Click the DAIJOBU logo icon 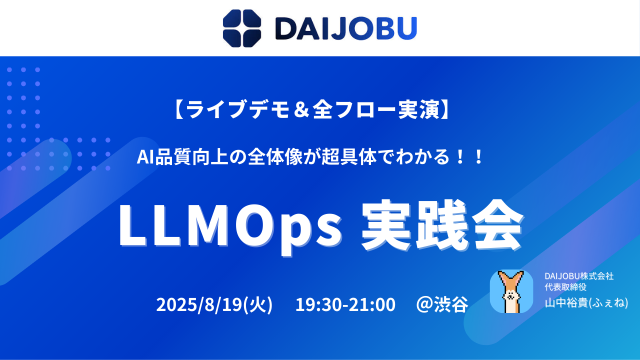(242, 28)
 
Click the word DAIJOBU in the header (346, 28)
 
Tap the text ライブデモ (237, 110)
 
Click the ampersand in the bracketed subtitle (301, 110)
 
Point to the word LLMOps (230, 225)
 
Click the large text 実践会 (442, 225)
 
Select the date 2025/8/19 (199, 304)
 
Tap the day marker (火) (257, 304)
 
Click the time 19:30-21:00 (345, 304)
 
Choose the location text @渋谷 (442, 304)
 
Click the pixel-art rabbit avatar (511, 291)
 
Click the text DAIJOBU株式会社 (579, 276)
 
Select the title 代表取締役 (565, 286)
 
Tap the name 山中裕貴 (565, 303)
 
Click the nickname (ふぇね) (607, 303)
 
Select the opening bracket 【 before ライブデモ (178, 110)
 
